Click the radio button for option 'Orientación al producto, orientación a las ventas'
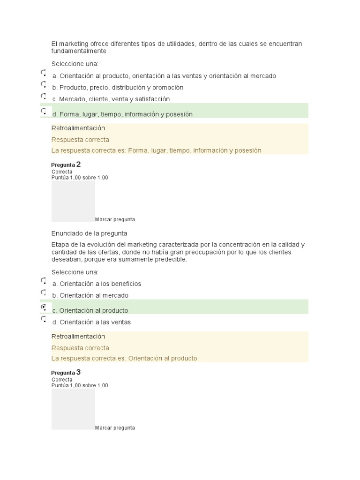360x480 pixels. click(x=43, y=73)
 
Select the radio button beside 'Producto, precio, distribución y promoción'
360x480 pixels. click(x=43, y=85)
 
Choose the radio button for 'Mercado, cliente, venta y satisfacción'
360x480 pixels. click(x=43, y=97)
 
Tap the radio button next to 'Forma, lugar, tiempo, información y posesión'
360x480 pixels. click(x=43, y=112)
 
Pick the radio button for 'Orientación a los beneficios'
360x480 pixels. click(x=43, y=281)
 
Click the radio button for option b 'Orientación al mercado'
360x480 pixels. click(x=43, y=293)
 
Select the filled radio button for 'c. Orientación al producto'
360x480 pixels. click(x=43, y=307)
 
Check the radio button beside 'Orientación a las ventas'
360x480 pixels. click(x=43, y=319)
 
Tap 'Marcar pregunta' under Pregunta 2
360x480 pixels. click(x=115, y=219)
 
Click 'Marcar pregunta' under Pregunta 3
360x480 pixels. click(x=115, y=427)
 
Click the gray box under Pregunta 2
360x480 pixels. click(x=73, y=201)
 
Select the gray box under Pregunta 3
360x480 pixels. click(x=73, y=409)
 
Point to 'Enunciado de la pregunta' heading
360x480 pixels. click(x=89, y=233)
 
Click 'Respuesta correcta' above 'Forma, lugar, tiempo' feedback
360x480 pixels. click(x=80, y=140)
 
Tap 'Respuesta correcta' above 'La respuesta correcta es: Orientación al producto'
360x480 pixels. click(x=80, y=348)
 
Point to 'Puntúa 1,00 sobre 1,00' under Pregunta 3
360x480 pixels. click(x=80, y=385)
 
